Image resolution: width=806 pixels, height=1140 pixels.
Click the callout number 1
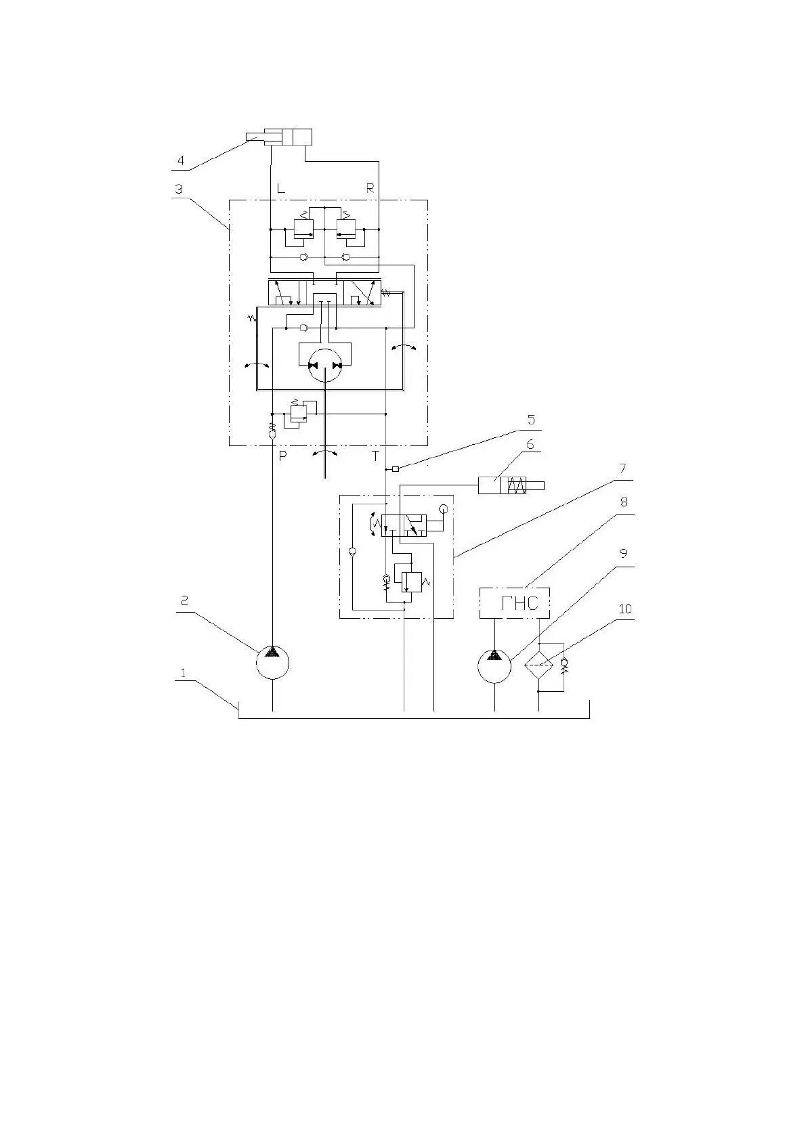click(x=182, y=673)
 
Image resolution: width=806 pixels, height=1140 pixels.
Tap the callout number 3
click(x=179, y=189)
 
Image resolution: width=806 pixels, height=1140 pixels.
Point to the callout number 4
click(x=180, y=160)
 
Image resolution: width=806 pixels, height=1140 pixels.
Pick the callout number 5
click(x=531, y=420)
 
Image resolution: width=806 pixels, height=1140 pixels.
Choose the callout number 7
click(x=622, y=468)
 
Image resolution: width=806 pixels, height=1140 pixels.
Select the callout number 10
click(x=624, y=609)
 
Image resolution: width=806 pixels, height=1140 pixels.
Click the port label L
click(x=280, y=189)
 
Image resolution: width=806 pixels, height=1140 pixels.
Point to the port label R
click(x=370, y=189)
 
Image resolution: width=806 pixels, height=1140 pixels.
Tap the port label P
click(x=283, y=456)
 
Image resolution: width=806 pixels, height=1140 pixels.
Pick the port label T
click(x=375, y=456)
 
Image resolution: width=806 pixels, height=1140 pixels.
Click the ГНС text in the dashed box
click(x=519, y=603)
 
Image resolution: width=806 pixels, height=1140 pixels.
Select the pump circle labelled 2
click(x=272, y=661)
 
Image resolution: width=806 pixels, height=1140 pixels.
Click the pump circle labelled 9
click(x=494, y=665)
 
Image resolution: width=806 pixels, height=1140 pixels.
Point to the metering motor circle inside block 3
click(x=324, y=366)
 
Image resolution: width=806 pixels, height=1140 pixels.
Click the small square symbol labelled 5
click(x=396, y=468)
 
